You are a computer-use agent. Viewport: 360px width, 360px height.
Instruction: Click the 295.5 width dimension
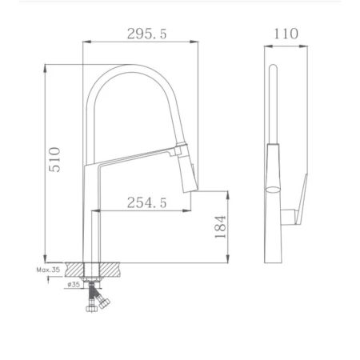point(144,35)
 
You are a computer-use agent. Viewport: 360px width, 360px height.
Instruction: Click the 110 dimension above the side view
point(286,34)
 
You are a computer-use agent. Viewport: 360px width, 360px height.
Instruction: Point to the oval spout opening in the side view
point(274,190)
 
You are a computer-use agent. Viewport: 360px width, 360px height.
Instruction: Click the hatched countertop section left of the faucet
point(76,270)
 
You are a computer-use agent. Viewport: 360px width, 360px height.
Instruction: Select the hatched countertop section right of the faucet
point(115,270)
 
